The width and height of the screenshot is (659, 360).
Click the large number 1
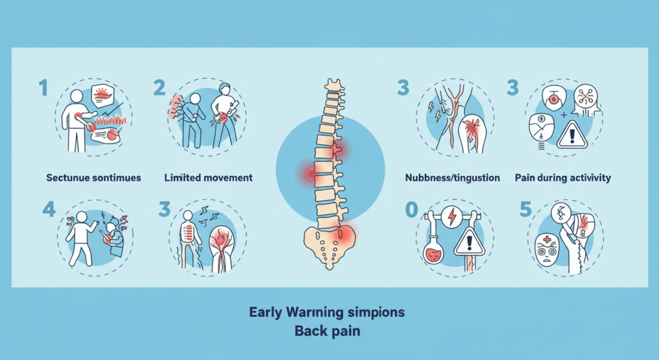(43, 88)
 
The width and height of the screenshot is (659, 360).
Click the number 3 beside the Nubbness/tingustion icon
(404, 88)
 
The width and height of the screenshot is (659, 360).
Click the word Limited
(184, 177)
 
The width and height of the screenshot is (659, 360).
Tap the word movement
(229, 177)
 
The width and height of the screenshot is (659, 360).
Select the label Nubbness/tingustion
(452, 177)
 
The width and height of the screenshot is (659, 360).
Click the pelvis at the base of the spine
(330, 247)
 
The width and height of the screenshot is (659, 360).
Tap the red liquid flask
(434, 253)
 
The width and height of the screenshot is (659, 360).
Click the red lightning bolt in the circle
(452, 217)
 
